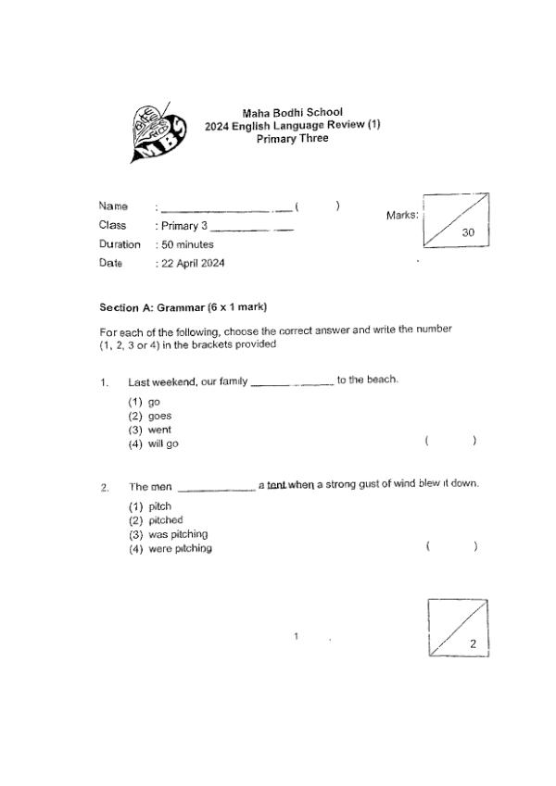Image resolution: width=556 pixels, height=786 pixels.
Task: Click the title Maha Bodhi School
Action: click(x=292, y=113)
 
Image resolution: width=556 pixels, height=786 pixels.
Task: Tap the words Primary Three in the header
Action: click(x=292, y=139)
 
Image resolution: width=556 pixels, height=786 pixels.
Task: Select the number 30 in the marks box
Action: click(x=468, y=233)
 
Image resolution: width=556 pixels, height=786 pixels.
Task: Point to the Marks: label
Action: click(x=402, y=215)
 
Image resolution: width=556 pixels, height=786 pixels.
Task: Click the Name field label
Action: click(x=113, y=206)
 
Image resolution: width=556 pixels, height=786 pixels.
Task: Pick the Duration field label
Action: click(x=120, y=244)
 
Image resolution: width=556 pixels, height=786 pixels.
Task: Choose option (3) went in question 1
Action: click(x=150, y=430)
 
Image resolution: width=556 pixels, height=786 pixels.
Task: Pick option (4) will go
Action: click(x=154, y=443)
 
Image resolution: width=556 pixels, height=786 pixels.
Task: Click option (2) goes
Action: click(x=150, y=416)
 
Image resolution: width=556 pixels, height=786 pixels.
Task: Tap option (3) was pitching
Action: click(x=168, y=534)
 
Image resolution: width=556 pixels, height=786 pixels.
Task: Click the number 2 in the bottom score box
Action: click(x=473, y=643)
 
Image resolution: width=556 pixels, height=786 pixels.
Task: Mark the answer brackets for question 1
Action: click(x=450, y=442)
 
